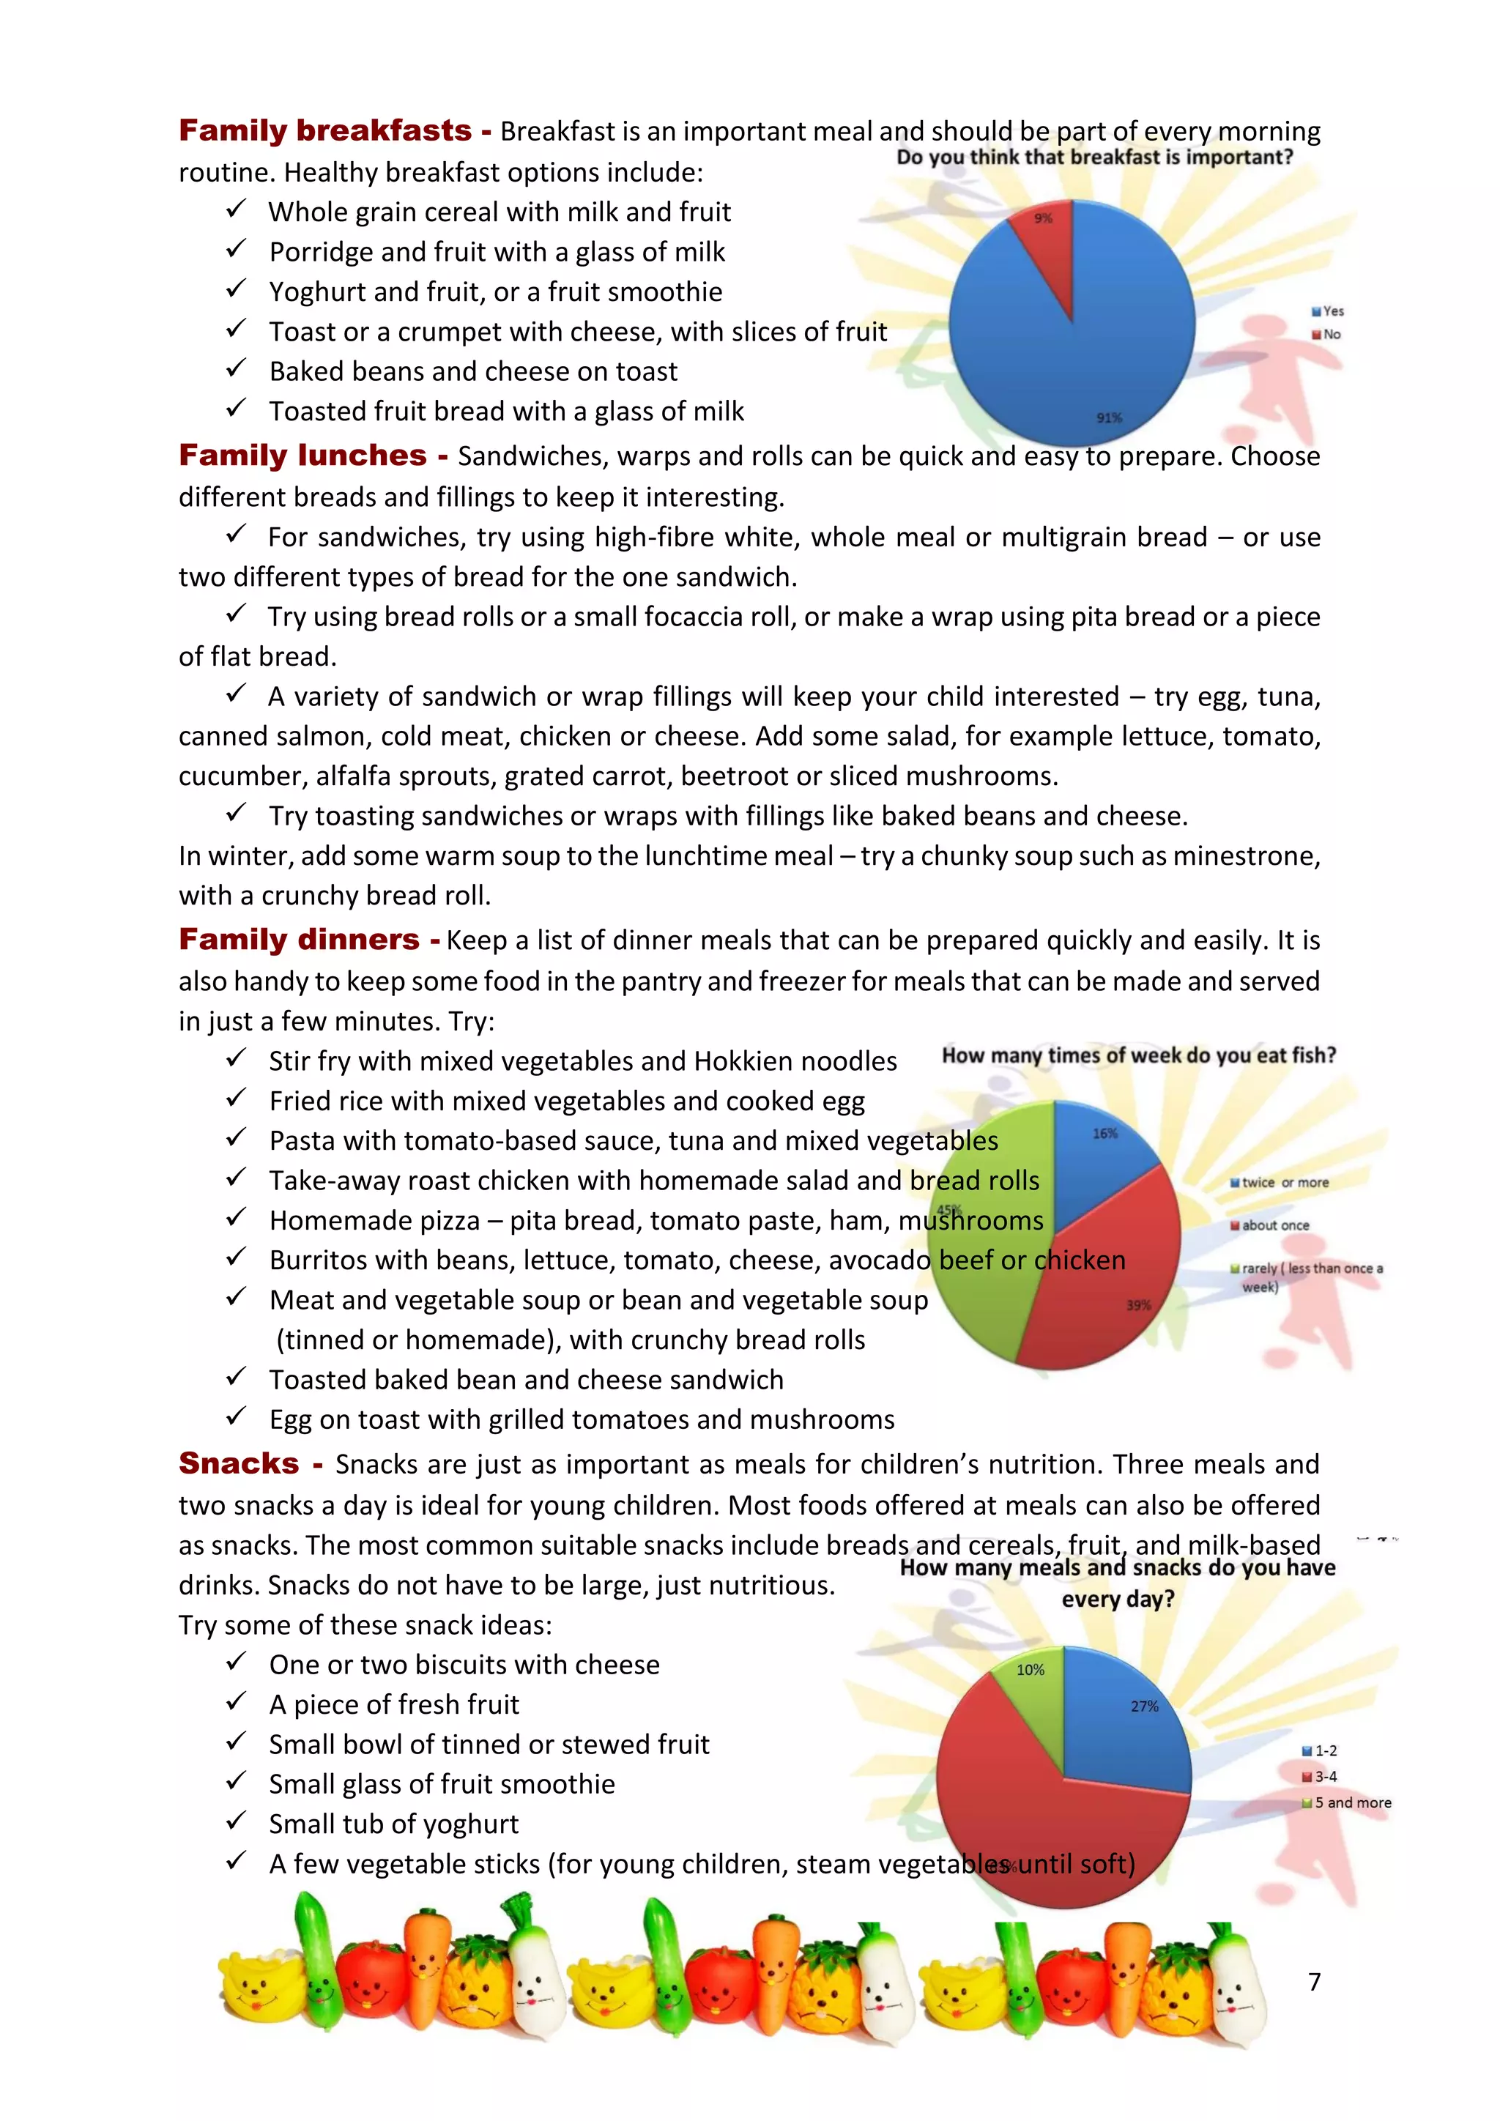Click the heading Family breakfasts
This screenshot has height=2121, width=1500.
[x=324, y=130]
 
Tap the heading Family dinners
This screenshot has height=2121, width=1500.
[x=300, y=940]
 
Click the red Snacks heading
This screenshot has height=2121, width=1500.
[x=240, y=1463]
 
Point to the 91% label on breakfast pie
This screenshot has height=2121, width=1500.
[x=1110, y=417]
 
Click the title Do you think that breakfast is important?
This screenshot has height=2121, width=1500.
[x=1094, y=157]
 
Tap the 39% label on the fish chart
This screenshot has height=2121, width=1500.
[x=1138, y=1305]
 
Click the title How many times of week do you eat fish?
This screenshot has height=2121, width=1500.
[x=1139, y=1055]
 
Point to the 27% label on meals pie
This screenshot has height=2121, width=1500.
[x=1144, y=1706]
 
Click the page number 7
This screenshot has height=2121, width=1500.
[x=1315, y=1982]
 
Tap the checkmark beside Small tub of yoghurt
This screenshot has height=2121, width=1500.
[x=237, y=1821]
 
